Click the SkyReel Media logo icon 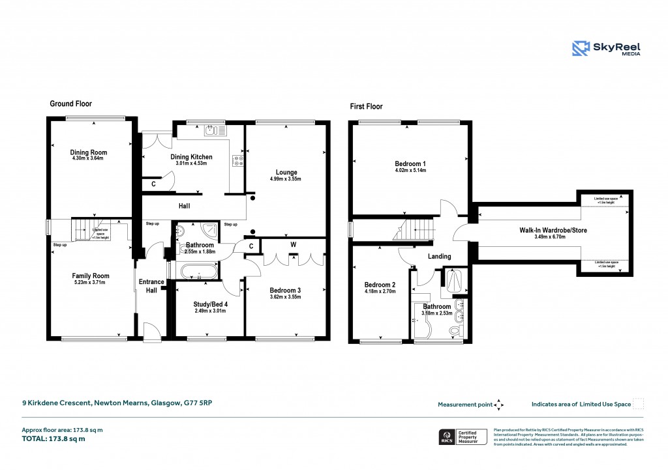[x=581, y=48]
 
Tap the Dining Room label [x=89, y=152]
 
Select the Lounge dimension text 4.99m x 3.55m [x=286, y=178]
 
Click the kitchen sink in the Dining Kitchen [x=211, y=131]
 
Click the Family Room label [x=91, y=276]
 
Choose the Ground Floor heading [x=71, y=104]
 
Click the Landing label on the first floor [x=440, y=256]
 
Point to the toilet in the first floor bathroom [x=454, y=332]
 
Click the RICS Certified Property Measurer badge [x=463, y=436]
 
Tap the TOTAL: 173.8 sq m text [x=53, y=438]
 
